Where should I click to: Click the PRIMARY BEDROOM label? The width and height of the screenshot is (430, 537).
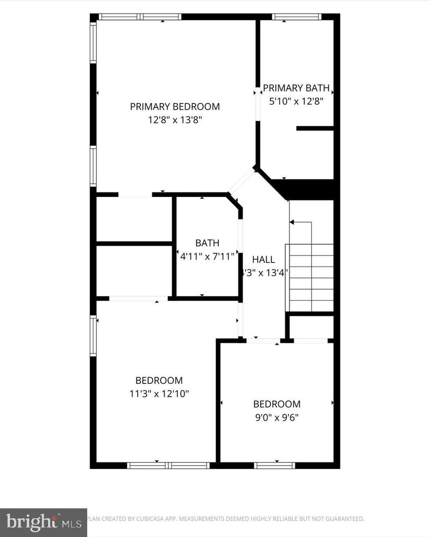pos(175,106)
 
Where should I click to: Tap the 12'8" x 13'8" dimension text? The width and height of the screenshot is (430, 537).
pos(175,120)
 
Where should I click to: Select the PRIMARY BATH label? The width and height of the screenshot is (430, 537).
pos(296,89)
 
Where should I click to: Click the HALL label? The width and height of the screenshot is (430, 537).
pos(263,260)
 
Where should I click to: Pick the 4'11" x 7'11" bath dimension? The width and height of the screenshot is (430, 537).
pos(207,257)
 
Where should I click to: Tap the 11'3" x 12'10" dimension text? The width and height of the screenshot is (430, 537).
pos(159,394)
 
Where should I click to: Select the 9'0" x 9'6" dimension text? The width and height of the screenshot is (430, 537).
pos(277,418)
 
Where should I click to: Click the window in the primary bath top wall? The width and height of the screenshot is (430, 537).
pos(297,16)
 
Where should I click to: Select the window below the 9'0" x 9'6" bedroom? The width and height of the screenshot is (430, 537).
pos(274,466)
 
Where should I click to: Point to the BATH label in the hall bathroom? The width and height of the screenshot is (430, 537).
pos(207,243)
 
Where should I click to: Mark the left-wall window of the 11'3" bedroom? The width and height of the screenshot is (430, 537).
pos(93,336)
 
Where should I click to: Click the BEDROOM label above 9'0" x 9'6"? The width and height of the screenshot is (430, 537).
pos(277,404)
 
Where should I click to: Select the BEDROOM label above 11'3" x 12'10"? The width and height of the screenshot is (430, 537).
pos(159,380)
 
